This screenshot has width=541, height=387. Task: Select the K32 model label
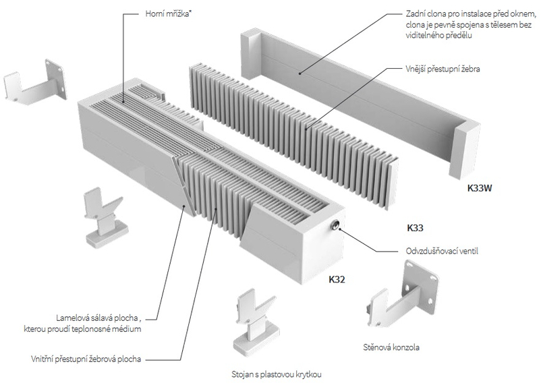pyautogui.click(x=337, y=278)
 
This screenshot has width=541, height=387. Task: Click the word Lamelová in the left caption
pyautogui.click(x=74, y=318)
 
